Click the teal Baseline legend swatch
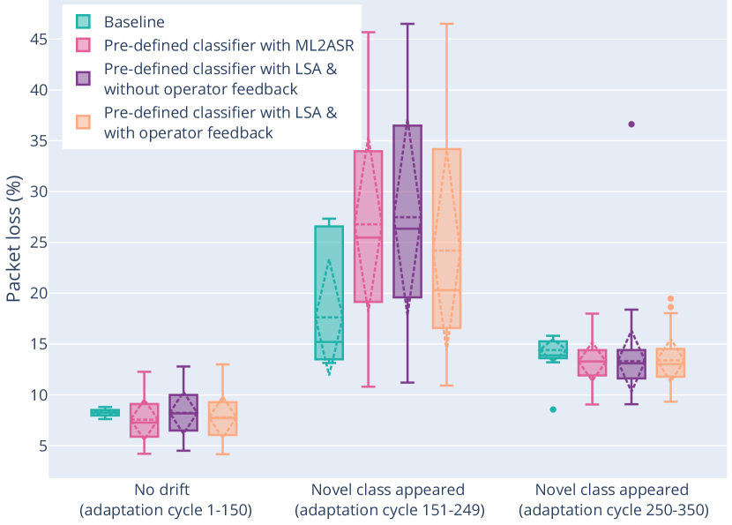[83, 21]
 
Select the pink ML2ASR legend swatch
[83, 44]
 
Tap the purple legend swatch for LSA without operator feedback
[83, 78]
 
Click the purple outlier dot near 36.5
[631, 124]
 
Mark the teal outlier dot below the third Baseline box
[554, 409]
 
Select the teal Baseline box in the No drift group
[105, 413]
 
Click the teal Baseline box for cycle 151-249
[329, 291]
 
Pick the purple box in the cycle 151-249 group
[407, 212]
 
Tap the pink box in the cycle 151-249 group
[369, 225]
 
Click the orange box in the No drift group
[222, 418]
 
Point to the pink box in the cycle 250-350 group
[593, 363]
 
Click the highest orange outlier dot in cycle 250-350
[670, 298]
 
